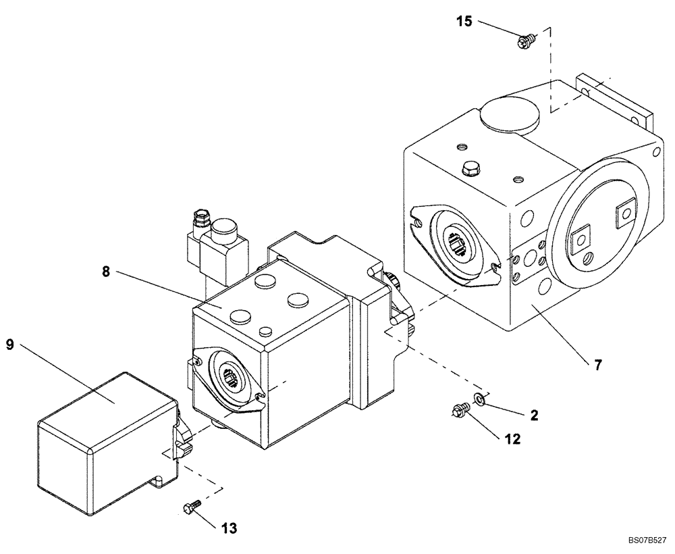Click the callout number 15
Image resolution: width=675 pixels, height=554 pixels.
464,21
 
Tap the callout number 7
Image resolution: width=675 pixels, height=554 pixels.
597,365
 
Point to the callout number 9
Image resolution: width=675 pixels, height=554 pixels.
9,345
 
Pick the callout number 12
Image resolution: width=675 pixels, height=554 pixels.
512,440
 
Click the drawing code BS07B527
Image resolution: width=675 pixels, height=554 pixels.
646,540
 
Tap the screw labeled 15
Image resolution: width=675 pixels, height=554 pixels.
523,43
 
